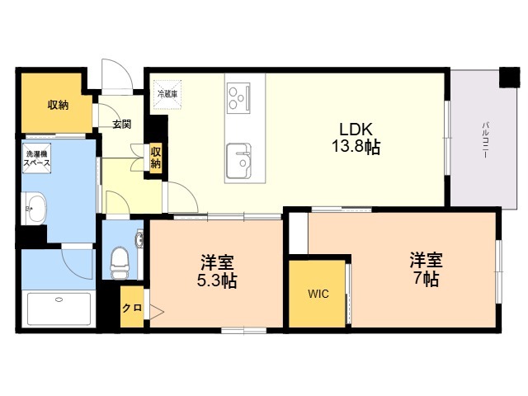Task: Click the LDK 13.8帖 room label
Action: coord(356,139)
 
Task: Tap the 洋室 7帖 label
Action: coord(426,269)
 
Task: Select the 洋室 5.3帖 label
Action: coord(217,271)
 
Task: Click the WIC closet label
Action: coord(318,294)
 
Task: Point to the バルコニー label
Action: coord(485,140)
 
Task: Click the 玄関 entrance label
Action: coord(121,125)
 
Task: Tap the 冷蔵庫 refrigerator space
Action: coord(167,95)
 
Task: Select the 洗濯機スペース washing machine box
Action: coord(36,158)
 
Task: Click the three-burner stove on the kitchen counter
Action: coord(238,98)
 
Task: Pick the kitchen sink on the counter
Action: coord(238,161)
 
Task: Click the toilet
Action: coord(120,262)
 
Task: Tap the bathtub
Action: coord(59,309)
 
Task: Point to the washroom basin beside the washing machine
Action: coord(35,209)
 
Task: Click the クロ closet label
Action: coord(132,308)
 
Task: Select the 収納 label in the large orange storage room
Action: coord(58,105)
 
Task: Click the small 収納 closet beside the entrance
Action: coord(156,158)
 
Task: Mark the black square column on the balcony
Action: coord(510,78)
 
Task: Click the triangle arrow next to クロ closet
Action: coord(157,312)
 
